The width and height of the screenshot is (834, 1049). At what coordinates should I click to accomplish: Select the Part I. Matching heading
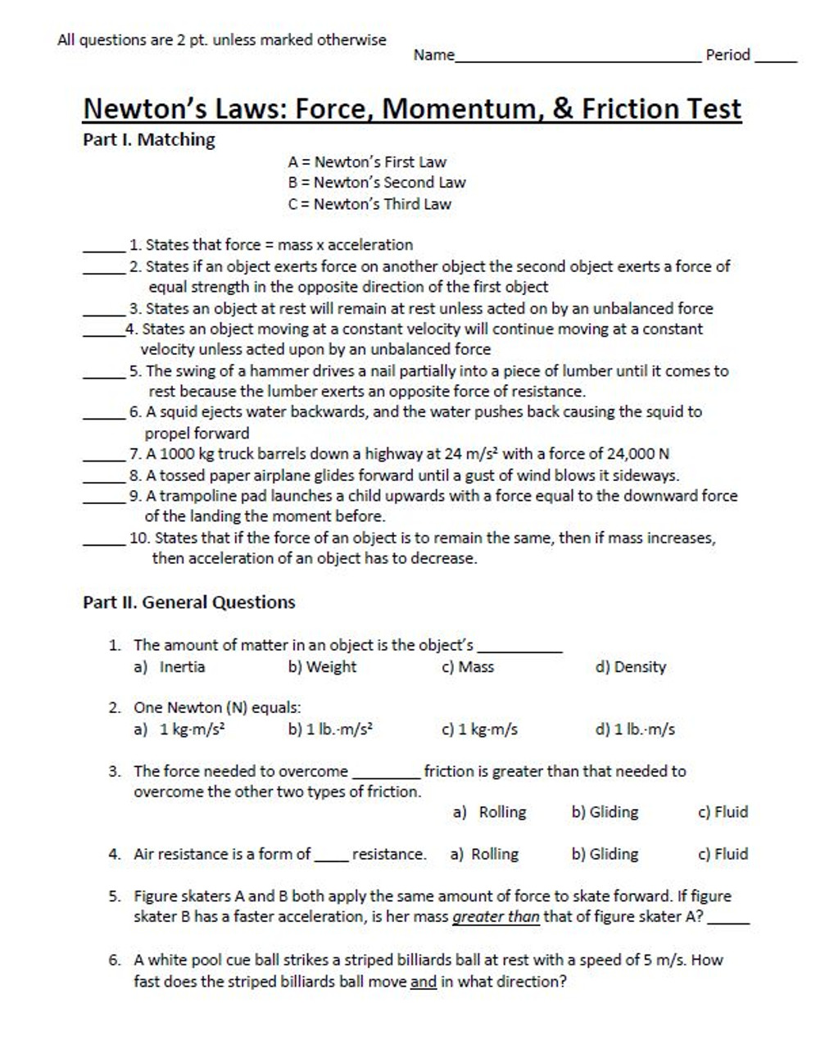149,140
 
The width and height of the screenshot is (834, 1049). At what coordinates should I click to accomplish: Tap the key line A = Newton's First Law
367,162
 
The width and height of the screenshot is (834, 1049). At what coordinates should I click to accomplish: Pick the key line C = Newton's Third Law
369,204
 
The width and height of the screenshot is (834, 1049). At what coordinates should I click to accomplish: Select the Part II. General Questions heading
189,602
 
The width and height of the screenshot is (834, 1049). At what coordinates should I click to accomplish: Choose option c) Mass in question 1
468,667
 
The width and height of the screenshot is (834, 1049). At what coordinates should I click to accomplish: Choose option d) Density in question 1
631,667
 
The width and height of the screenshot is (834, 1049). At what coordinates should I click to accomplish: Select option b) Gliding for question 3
605,812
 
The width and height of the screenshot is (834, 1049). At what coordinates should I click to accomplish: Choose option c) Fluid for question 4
723,854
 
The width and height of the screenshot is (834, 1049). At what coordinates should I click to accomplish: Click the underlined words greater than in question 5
496,917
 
